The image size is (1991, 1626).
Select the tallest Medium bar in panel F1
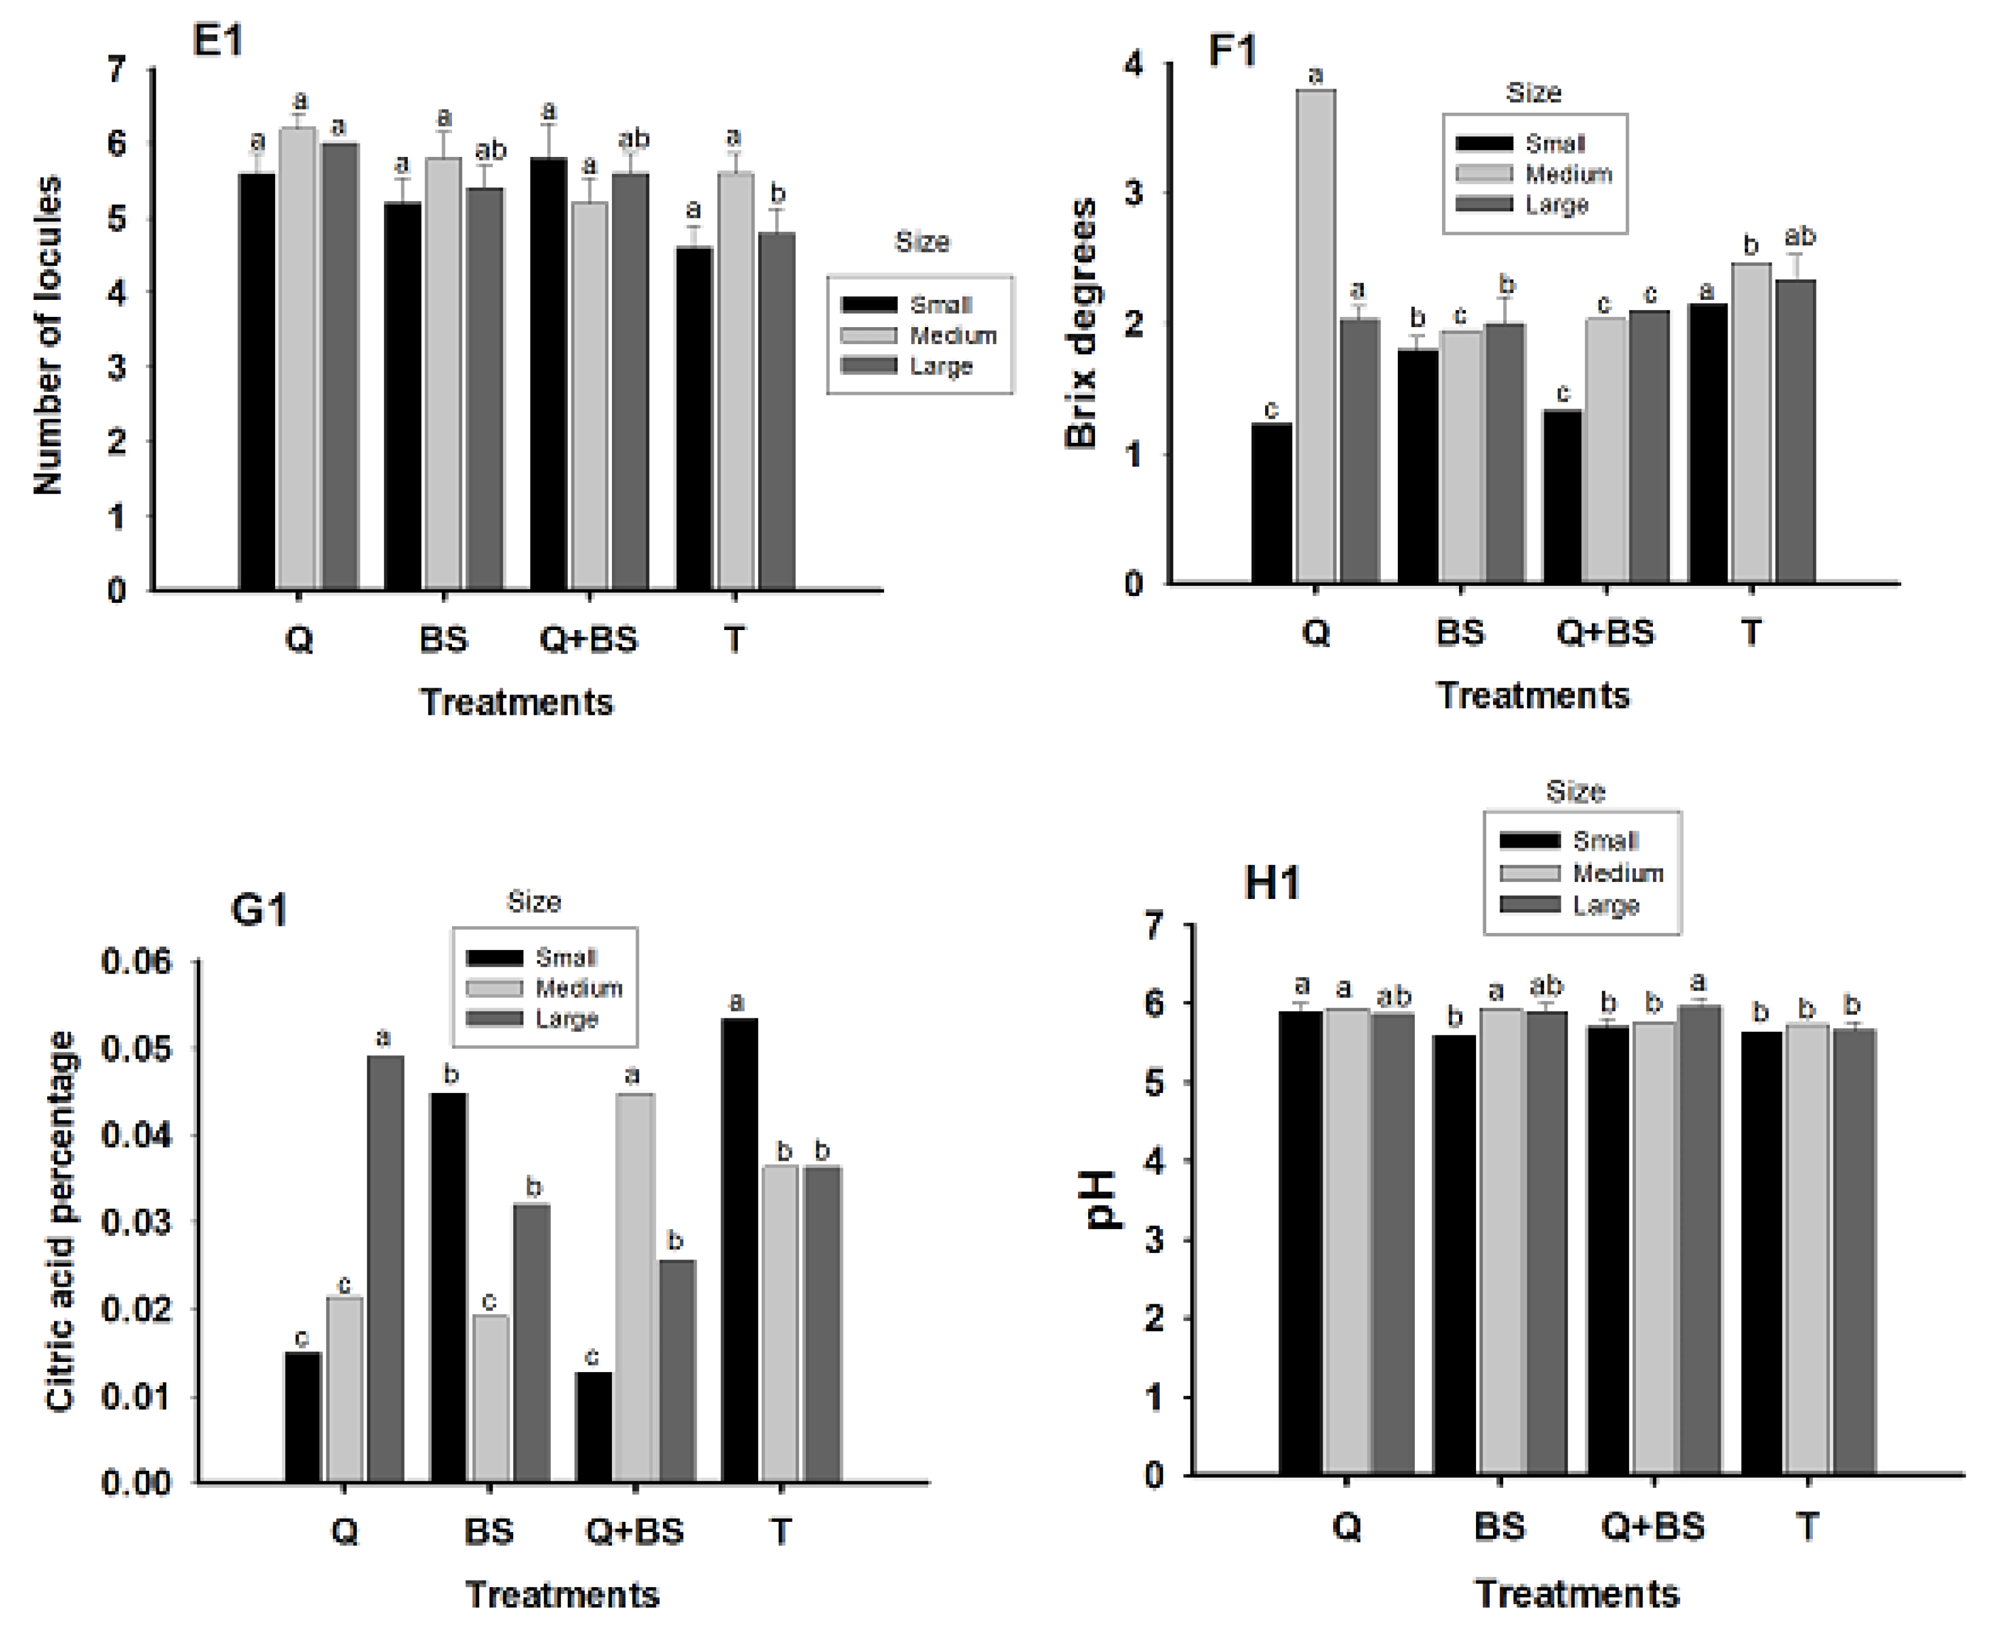[1315, 337]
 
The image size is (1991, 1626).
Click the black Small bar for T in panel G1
[739, 1250]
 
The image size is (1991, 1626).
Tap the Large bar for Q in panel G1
[385, 1269]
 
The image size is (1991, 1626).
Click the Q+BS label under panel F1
[1605, 633]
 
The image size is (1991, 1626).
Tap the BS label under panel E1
[443, 640]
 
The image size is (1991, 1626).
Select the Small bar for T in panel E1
[693, 419]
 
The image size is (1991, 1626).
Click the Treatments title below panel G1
[562, 1594]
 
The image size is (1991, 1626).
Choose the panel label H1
[1271, 883]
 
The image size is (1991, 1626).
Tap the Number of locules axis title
[48, 334]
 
